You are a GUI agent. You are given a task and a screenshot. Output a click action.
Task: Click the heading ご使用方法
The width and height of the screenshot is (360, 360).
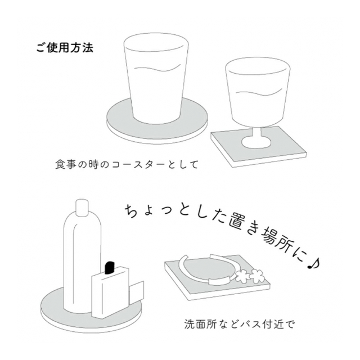(x=65, y=48)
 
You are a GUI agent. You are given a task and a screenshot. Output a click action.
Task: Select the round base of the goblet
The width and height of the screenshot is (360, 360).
(x=255, y=142)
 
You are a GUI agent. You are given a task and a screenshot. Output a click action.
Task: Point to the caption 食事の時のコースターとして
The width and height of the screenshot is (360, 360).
(x=127, y=165)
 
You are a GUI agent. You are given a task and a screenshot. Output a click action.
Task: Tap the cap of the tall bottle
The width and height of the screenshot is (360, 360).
(x=82, y=208)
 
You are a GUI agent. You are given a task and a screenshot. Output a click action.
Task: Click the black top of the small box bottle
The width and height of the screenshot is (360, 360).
(x=109, y=268)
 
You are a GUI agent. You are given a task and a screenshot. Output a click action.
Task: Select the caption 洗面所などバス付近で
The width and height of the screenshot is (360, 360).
(x=239, y=325)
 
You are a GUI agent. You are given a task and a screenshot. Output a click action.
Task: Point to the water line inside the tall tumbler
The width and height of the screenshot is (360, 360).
(x=157, y=69)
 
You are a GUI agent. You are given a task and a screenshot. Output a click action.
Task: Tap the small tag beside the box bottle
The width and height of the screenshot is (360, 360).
(x=136, y=291)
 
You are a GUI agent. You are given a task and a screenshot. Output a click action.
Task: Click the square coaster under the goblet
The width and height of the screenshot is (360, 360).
(x=259, y=147)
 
